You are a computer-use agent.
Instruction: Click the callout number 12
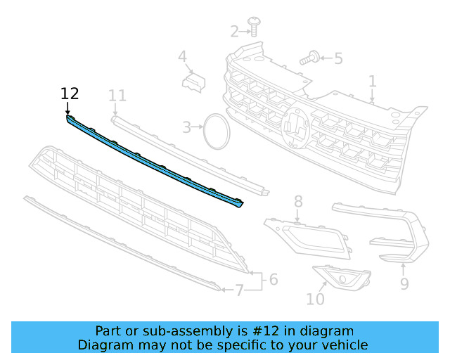[x=70, y=94]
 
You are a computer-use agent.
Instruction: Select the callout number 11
[x=117, y=95]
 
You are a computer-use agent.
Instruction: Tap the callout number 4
[x=182, y=56]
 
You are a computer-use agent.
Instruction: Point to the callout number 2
[x=235, y=31]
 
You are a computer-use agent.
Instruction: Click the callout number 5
[x=338, y=58]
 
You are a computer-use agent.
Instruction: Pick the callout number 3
[x=186, y=127]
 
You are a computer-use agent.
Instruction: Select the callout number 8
[x=298, y=201]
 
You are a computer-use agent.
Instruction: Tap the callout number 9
[x=404, y=283]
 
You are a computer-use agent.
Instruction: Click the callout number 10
[x=315, y=299]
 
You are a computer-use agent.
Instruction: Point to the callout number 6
[x=273, y=280]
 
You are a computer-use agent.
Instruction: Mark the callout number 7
[x=239, y=289]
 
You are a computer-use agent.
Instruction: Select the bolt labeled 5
[x=309, y=58]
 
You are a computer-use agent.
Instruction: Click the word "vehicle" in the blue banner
[x=342, y=345]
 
